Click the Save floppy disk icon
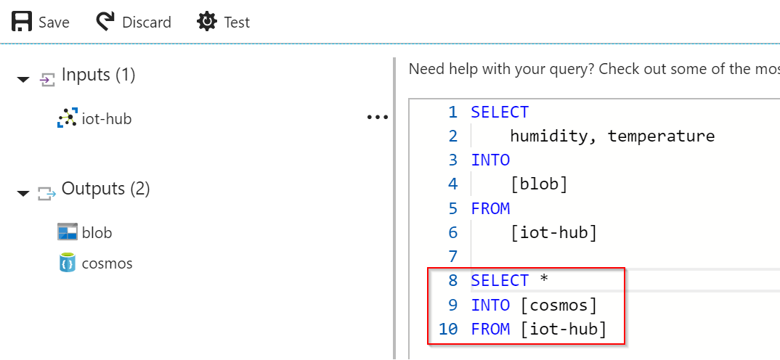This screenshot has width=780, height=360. [22, 22]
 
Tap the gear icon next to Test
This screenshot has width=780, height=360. [207, 22]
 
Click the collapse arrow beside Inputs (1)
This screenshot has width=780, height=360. [23, 79]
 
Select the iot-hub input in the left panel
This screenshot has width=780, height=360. [107, 119]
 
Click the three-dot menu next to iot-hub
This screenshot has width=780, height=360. [377, 118]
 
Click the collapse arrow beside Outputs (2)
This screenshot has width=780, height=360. [23, 193]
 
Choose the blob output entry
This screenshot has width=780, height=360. [97, 232]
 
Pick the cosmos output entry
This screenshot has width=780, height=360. [107, 263]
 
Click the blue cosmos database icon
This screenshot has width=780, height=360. [67, 263]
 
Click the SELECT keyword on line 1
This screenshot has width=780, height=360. [500, 112]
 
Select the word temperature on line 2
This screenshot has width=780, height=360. [661, 136]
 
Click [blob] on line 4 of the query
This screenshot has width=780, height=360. [539, 184]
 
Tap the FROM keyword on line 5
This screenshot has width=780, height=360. [490, 208]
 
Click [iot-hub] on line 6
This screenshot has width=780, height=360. [553, 232]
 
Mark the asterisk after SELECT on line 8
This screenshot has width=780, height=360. [544, 279]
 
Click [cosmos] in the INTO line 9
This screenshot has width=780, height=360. [558, 305]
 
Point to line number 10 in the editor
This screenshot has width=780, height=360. [447, 330]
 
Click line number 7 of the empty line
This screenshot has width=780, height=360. [452, 257]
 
